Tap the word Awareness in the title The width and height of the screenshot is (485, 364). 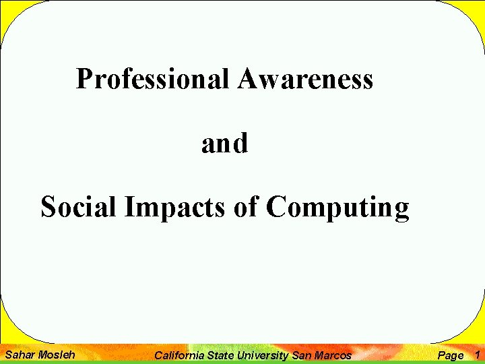(305, 80)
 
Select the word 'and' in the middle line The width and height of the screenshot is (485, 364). (224, 144)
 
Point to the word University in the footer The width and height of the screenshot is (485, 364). (263, 355)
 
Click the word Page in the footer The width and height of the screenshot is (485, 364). (451, 355)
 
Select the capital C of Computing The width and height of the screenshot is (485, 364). (277, 207)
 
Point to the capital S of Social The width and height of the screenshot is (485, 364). (47, 207)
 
